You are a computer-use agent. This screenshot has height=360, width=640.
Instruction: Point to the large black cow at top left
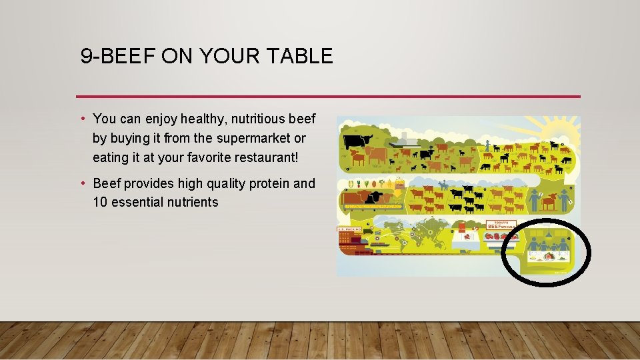point(358,141)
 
